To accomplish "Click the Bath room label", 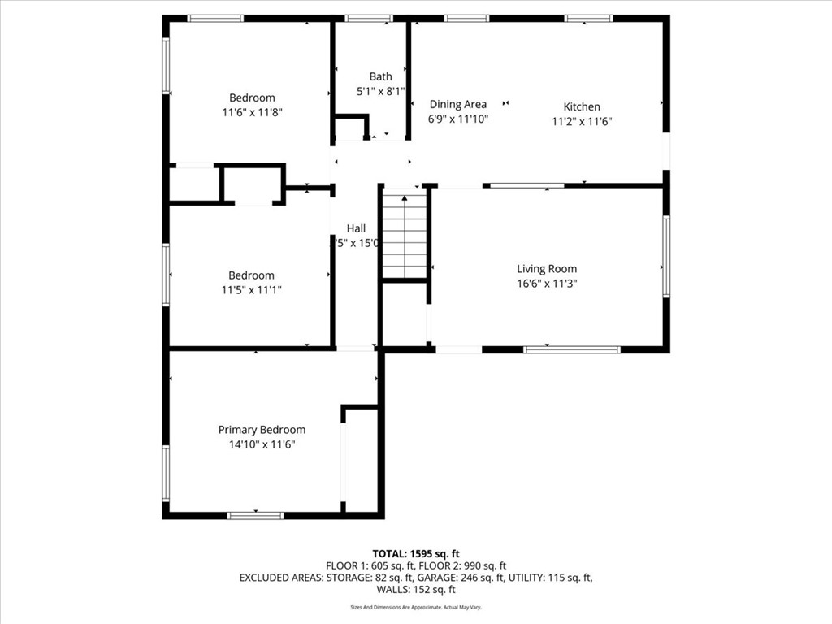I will (x=380, y=76).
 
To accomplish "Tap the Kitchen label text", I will (x=582, y=106).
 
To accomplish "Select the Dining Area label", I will (x=458, y=104).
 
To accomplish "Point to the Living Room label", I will (x=547, y=269).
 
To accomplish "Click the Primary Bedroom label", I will (x=262, y=430).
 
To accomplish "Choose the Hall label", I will (x=356, y=228).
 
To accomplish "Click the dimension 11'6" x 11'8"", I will (x=252, y=113).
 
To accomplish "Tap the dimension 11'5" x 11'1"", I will (x=251, y=290).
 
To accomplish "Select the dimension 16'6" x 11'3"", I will (x=547, y=284).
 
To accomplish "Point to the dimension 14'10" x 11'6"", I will (x=262, y=444).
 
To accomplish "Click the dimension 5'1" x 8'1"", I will (x=380, y=92).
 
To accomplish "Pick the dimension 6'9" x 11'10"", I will (x=458, y=119).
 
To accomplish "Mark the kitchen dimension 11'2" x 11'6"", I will (x=582, y=121).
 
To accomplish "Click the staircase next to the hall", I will (x=405, y=236).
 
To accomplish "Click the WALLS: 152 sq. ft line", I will (x=416, y=590).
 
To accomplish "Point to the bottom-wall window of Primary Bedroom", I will (x=255, y=515).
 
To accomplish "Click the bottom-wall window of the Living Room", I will (x=572, y=349).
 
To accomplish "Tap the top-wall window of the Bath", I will (x=369, y=18).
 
